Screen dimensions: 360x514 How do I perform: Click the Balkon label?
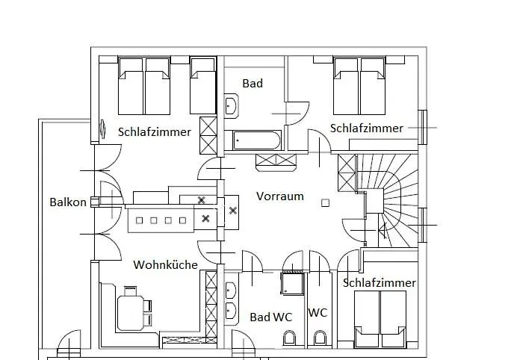coord(68,202)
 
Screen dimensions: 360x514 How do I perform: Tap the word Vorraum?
coord(280,196)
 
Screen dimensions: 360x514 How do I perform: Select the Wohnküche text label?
coord(165,264)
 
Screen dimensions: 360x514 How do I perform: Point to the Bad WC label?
coord(270,317)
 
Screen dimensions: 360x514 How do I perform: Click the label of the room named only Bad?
coord(253,84)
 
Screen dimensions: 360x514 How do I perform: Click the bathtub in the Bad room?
coord(257,140)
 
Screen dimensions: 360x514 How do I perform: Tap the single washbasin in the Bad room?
coord(231,106)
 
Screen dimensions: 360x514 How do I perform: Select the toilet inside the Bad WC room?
coord(291,339)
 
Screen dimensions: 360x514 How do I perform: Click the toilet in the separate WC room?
coord(320,339)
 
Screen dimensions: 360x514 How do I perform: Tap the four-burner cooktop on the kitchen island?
coord(161,220)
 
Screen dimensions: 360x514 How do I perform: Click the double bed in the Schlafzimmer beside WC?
coord(380,318)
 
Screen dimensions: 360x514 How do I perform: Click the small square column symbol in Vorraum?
coord(325,202)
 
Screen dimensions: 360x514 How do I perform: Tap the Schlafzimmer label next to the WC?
coord(380,283)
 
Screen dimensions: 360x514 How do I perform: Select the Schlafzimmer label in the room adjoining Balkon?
coord(154,132)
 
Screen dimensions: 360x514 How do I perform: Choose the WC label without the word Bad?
coord(318,312)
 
